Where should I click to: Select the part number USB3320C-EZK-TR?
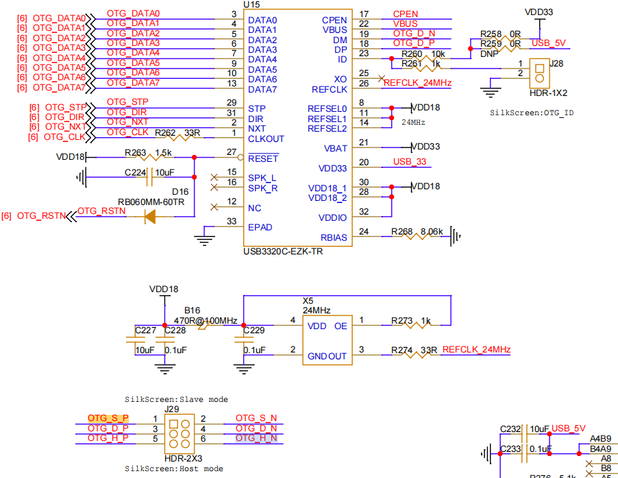[283, 252]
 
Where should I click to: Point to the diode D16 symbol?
[150, 217]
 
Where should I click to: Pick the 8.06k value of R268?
[432, 232]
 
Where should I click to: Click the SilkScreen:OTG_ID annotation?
[532, 112]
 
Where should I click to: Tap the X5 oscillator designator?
[308, 300]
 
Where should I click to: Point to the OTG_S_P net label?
[108, 418]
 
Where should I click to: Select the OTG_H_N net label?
[256, 438]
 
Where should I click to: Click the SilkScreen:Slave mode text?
[176, 399]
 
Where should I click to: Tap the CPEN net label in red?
[406, 14]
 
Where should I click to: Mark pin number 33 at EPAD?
[232, 222]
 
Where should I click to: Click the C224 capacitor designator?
[135, 172]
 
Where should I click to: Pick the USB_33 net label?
[410, 161]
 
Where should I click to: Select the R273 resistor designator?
[402, 320]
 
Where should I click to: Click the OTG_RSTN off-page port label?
[40, 216]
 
